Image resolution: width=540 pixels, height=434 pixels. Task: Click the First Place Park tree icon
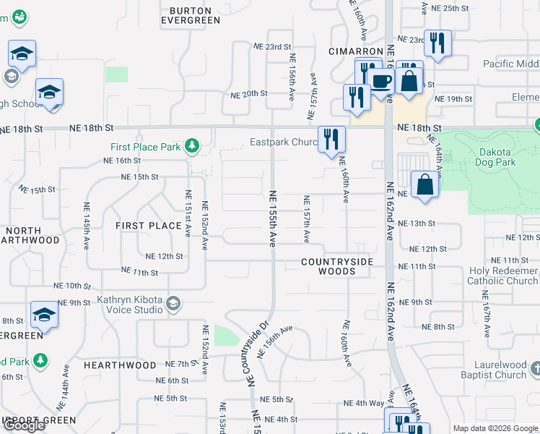click(x=191, y=147)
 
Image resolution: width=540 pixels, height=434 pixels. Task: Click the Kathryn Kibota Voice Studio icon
click(x=173, y=304)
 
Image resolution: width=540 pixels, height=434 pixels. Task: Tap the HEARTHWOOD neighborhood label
click(x=119, y=365)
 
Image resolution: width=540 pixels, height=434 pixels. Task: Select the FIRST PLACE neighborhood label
click(x=149, y=226)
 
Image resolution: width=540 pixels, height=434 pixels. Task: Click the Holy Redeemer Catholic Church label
click(x=502, y=276)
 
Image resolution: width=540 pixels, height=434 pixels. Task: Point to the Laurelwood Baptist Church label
click(x=500, y=370)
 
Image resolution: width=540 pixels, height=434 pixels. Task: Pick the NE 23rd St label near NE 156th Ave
click(x=272, y=45)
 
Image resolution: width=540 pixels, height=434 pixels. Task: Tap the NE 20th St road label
click(x=248, y=94)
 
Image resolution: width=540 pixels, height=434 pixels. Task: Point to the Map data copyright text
click(x=495, y=428)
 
